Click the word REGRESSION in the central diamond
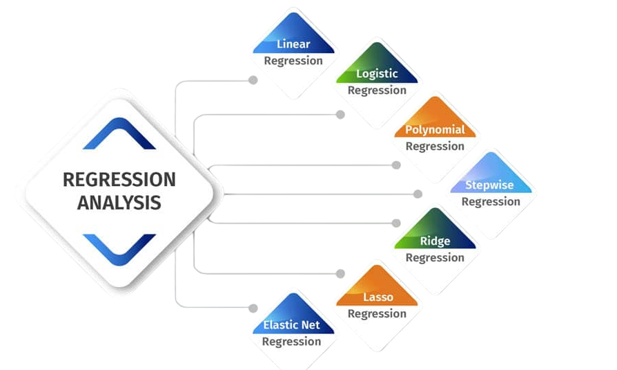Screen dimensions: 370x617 (x=119, y=180)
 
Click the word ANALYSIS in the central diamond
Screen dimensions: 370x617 (x=119, y=203)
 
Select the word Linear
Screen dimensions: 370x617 (x=293, y=44)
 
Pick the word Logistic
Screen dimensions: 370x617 (x=377, y=74)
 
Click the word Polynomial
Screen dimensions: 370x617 (x=435, y=129)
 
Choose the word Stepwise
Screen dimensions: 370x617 (x=489, y=185)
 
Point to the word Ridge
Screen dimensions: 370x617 (x=435, y=241)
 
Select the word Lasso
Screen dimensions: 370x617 (x=378, y=297)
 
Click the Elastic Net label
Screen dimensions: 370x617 (x=291, y=325)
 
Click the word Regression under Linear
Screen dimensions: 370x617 (x=293, y=61)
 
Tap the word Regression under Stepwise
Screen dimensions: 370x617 (x=491, y=202)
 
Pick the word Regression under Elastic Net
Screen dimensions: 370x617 (x=291, y=342)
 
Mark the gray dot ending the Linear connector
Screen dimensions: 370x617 (x=253, y=80)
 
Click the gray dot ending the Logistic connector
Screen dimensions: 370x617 (x=340, y=114)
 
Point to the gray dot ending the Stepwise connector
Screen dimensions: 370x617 (x=418, y=194)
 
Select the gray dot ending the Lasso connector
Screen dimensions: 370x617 (x=340, y=273)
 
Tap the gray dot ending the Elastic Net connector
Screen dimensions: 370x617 (x=253, y=308)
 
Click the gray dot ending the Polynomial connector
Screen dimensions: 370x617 (x=396, y=165)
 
